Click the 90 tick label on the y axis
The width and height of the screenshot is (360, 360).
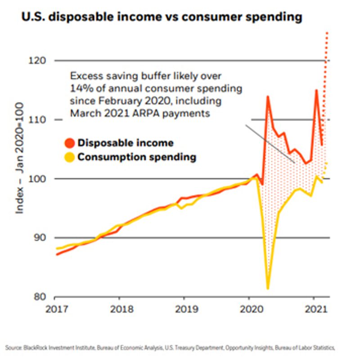[40, 238]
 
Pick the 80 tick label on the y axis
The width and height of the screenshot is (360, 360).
[40, 297]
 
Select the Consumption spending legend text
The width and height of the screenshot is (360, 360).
[137, 157]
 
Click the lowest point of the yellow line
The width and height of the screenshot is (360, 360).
[268, 288]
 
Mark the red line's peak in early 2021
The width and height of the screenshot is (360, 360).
[316, 90]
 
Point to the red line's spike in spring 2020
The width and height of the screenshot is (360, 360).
[268, 96]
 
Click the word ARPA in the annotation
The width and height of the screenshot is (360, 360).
[143, 113]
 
